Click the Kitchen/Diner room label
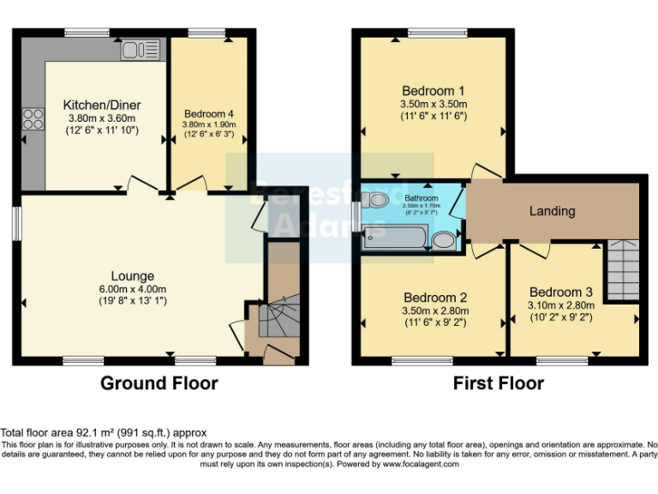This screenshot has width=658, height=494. coord(102,105)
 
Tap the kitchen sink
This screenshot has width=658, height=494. coord(141,50)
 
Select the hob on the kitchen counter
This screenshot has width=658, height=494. coord(33,117)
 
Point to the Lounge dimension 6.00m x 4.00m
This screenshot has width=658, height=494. coord(132,289)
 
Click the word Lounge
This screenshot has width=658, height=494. coord(132,276)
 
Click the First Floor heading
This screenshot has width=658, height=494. coord(498,383)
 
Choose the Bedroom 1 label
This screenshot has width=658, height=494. coord(433,91)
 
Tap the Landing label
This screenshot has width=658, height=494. coord(552,211)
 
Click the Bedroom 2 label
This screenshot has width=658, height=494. coord(433,298)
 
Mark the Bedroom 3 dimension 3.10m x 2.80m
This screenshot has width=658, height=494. coord(561,304)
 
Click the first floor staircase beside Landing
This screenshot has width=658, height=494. coord(623,269)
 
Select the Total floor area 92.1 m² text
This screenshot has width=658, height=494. coord(104,433)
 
